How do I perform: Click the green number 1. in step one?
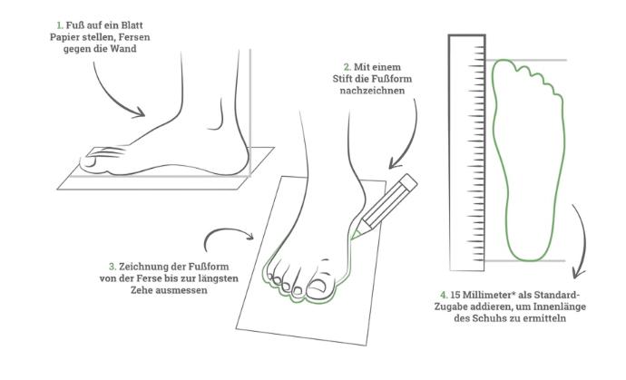point(60,25)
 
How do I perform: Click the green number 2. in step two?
point(347,67)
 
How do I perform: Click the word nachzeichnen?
point(372,91)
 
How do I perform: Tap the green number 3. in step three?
point(112,267)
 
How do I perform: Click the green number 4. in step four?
point(444,296)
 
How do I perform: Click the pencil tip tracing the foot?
point(353,238)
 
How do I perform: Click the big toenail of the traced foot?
point(318,287)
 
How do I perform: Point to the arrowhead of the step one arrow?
point(139,113)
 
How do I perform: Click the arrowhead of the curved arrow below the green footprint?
point(578,273)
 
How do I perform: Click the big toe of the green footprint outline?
point(503,66)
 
